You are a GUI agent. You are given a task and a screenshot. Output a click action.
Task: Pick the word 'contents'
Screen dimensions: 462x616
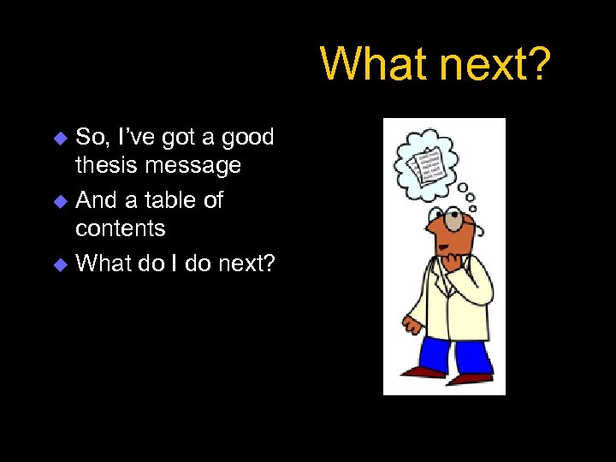tap(121, 228)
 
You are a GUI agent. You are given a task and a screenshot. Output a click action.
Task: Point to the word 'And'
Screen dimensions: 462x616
tap(96, 200)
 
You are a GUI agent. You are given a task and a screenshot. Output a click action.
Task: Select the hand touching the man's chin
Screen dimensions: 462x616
tap(448, 256)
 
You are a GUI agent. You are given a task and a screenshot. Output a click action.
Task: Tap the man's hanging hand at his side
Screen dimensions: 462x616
tap(413, 326)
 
